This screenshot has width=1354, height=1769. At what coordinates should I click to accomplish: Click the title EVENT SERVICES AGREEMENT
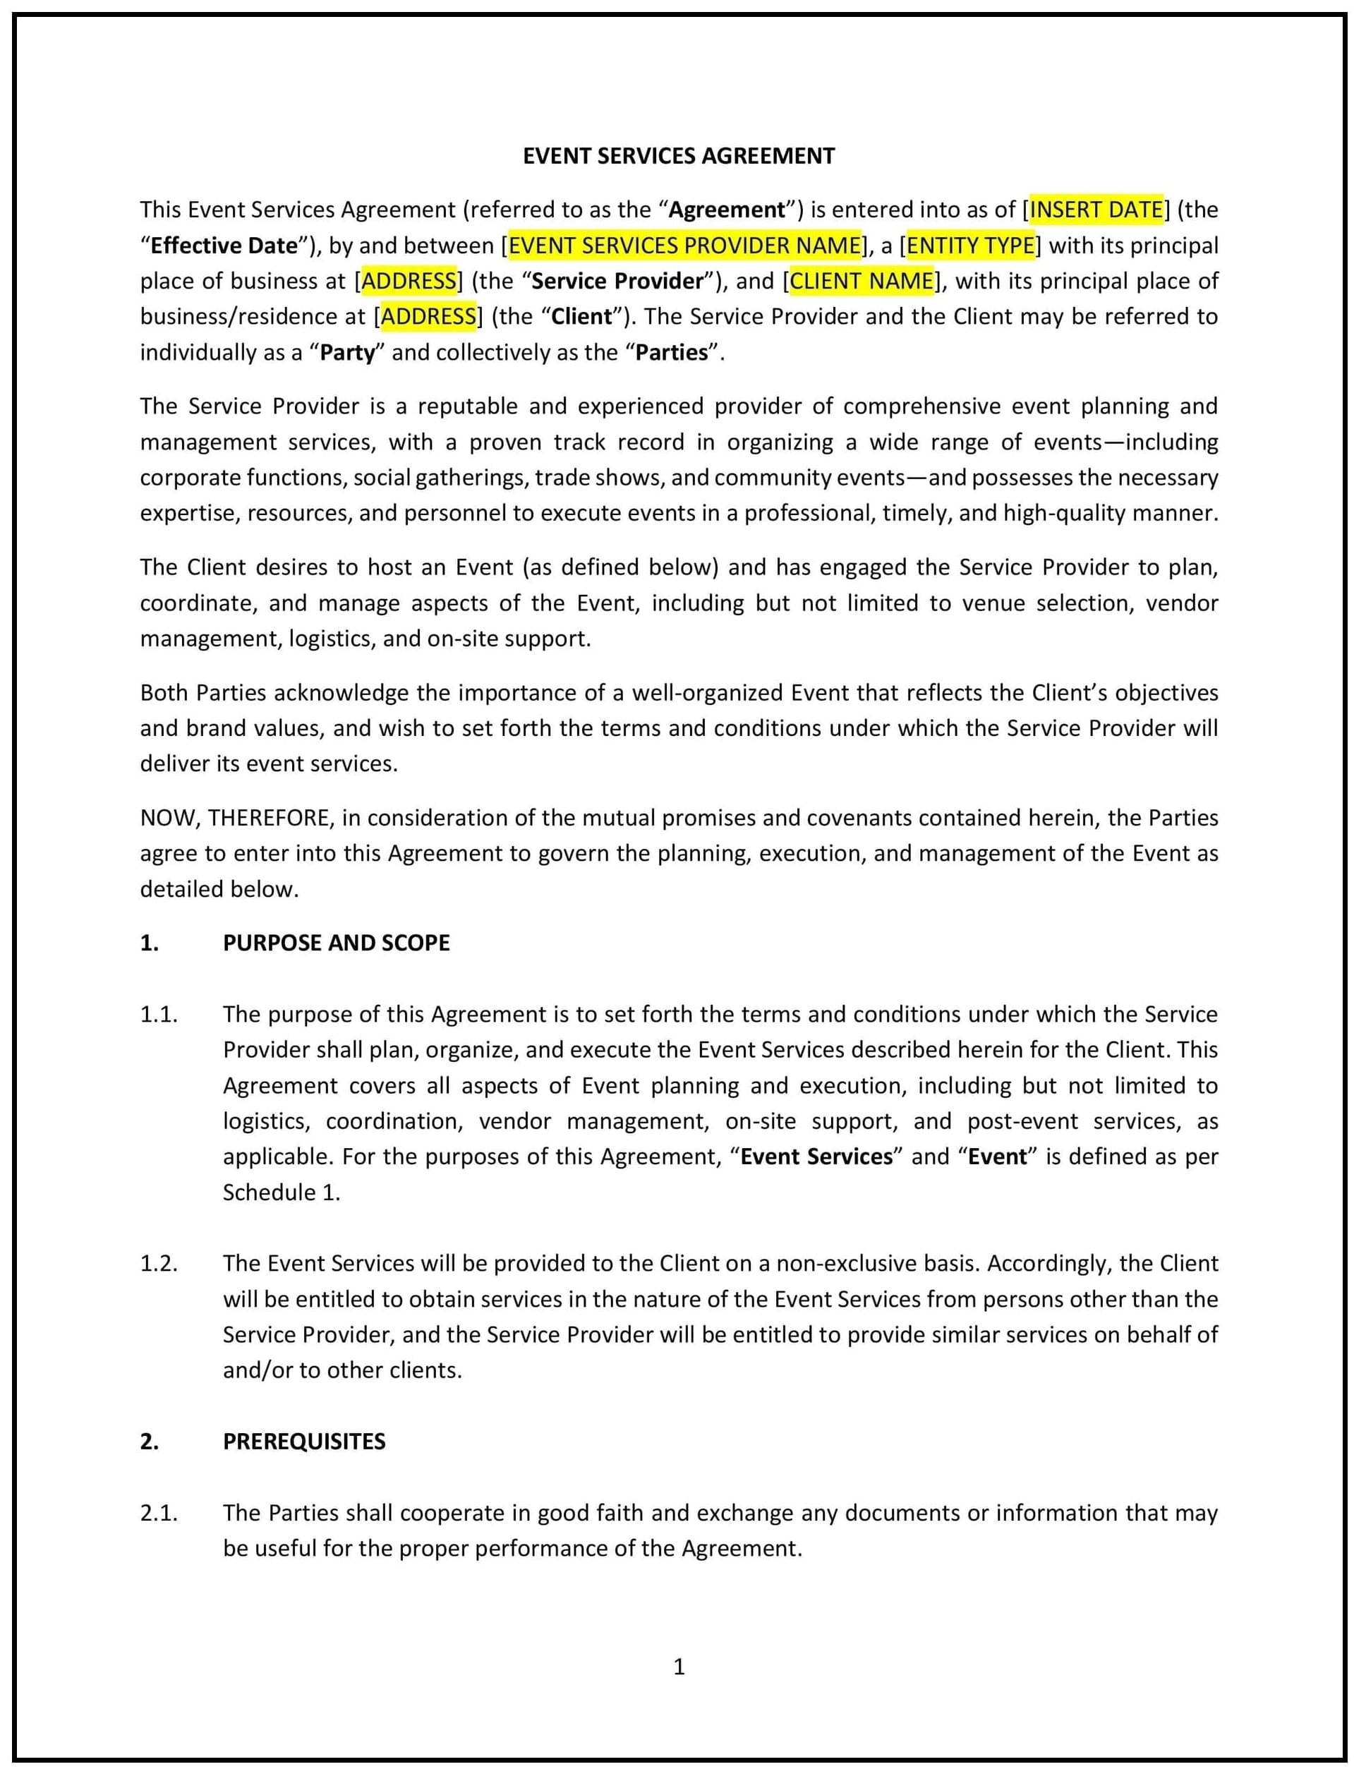(679, 155)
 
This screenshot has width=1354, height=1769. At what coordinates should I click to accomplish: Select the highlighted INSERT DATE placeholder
(1096, 210)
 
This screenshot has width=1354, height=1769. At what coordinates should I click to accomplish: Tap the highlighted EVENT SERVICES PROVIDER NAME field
(684, 245)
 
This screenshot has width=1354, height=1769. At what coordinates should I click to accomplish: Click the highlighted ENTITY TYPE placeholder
(970, 245)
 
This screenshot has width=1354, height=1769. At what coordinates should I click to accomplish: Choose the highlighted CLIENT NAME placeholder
(861, 280)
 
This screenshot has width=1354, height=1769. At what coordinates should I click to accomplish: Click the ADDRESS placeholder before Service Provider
(409, 280)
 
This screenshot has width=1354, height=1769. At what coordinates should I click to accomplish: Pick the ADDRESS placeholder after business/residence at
(428, 316)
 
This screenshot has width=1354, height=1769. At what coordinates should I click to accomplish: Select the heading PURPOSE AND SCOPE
(336, 942)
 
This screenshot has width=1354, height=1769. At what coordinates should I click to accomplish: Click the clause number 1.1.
(159, 1014)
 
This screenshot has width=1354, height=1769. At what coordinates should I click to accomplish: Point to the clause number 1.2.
(159, 1263)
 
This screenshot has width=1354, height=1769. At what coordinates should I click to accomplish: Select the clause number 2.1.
(159, 1513)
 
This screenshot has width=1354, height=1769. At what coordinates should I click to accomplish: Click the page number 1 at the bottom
(679, 1666)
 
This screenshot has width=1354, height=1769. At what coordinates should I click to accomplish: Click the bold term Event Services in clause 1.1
(816, 1157)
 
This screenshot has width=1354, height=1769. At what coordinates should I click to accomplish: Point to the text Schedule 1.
(282, 1192)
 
